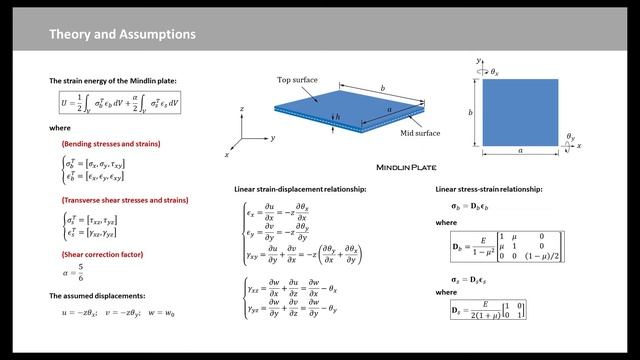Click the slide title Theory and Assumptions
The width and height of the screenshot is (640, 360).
(x=123, y=35)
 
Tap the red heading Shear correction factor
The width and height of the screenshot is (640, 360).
(x=96, y=254)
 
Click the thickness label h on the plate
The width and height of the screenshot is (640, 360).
(x=338, y=118)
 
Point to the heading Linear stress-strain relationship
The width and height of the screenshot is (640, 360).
(x=489, y=189)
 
